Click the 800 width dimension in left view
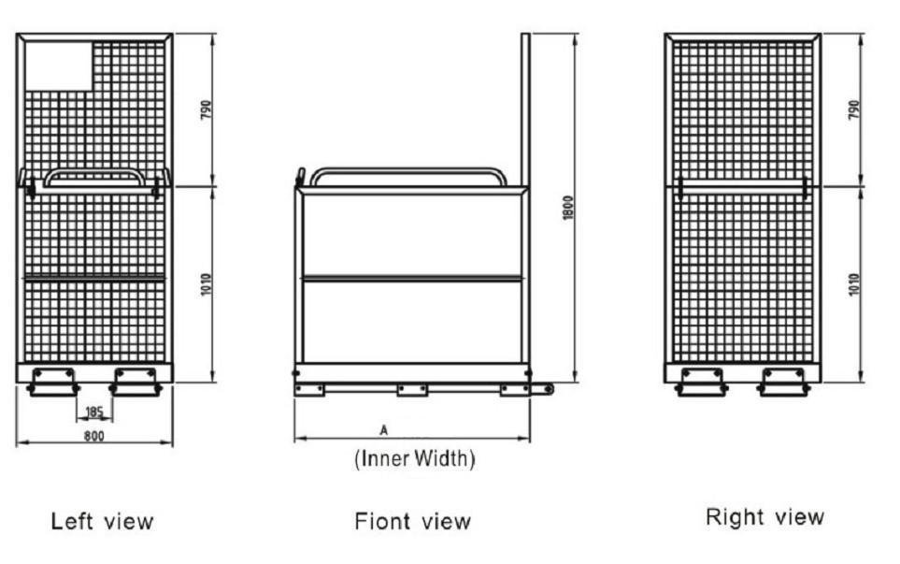93,436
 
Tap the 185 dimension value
93,412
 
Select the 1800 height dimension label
567,208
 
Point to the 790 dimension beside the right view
854,109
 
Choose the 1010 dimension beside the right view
854,284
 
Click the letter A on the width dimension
383,430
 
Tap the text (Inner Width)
414,460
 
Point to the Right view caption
764,517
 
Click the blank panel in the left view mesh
58,65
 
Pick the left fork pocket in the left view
53,381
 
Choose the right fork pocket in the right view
783,381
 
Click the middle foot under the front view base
411,390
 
